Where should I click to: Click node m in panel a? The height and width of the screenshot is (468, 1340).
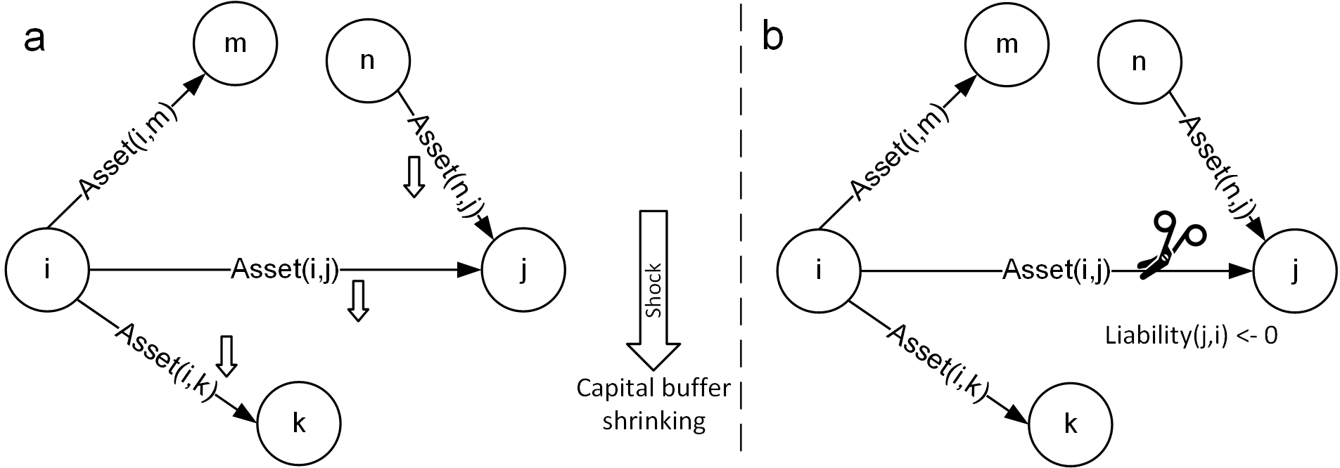tap(235, 44)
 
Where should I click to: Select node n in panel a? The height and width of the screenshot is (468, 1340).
tap(367, 61)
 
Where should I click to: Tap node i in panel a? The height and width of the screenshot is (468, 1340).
tap(46, 269)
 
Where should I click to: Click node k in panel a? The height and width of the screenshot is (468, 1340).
tap(299, 424)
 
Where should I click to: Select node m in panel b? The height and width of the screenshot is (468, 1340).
tap(1007, 44)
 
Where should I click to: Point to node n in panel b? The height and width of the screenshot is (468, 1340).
tap(1139, 61)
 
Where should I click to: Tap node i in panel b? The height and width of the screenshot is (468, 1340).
tap(818, 269)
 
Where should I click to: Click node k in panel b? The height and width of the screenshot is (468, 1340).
tap(1071, 424)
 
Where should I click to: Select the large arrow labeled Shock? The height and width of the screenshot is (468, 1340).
tap(653, 290)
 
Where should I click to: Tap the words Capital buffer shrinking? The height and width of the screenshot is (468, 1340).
tap(653, 404)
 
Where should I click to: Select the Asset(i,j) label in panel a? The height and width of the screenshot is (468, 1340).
tap(286, 269)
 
